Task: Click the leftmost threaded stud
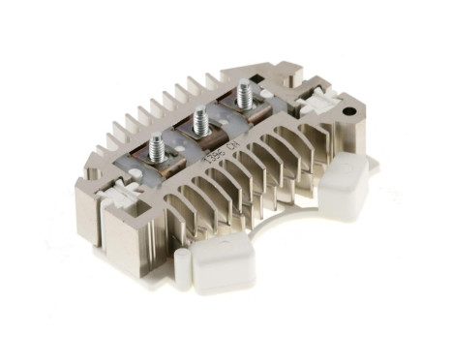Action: coord(155,145)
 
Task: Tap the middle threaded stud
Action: coord(200,120)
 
